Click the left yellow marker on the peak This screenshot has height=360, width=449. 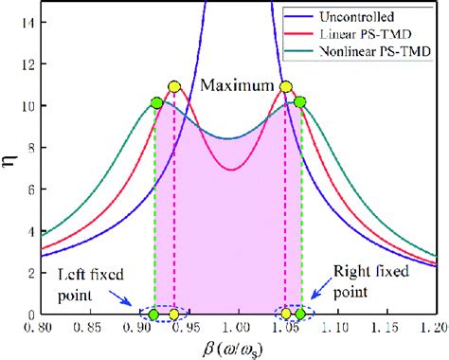pyautogui.click(x=173, y=86)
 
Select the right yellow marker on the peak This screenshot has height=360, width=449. pyautogui.click(x=285, y=86)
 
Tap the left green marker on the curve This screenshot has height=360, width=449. pyautogui.click(x=156, y=101)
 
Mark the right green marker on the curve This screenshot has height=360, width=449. pyautogui.click(x=300, y=101)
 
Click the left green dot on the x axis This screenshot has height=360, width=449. pyautogui.click(x=153, y=314)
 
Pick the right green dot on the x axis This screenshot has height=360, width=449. pyautogui.click(x=300, y=314)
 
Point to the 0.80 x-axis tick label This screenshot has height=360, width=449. pyautogui.click(x=39, y=328)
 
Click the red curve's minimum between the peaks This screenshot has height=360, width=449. pyautogui.click(x=231, y=170)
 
